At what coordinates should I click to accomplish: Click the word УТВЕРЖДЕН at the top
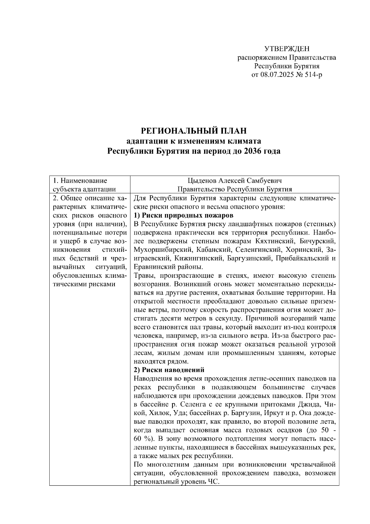pyautogui.click(x=287, y=49)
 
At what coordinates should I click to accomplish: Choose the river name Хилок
pyautogui.click(x=159, y=413)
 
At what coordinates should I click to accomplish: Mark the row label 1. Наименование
pyautogui.click(x=80, y=181)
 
